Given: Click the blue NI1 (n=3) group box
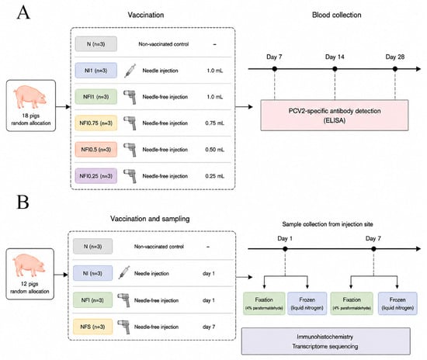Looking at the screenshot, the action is [95, 71].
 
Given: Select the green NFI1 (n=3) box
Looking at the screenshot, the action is [95, 97].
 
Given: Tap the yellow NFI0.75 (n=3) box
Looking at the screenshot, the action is [95, 123].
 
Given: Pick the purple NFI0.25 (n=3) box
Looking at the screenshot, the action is [95, 176].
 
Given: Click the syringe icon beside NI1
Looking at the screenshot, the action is [130, 71].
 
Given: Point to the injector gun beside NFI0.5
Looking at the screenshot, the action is [130, 150].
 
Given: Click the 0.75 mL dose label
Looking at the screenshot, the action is [214, 123].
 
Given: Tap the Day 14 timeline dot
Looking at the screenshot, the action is [335, 69].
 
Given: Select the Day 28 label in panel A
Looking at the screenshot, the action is [395, 57].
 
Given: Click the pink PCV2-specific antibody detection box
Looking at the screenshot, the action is [335, 116].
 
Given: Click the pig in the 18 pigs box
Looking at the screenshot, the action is [30, 97].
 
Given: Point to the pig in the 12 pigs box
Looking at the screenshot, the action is [29, 265].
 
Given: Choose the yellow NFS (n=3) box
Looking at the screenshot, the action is [92, 327].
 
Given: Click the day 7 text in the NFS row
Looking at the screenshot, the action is [209, 327].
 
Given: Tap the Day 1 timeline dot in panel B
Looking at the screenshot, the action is [285, 249].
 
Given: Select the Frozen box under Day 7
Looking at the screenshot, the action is [397, 303].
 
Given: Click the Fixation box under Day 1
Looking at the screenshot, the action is [264, 303].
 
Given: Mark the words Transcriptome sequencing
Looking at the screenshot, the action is [325, 346].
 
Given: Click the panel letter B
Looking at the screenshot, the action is [23, 202].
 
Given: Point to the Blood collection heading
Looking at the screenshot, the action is [337, 15].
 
